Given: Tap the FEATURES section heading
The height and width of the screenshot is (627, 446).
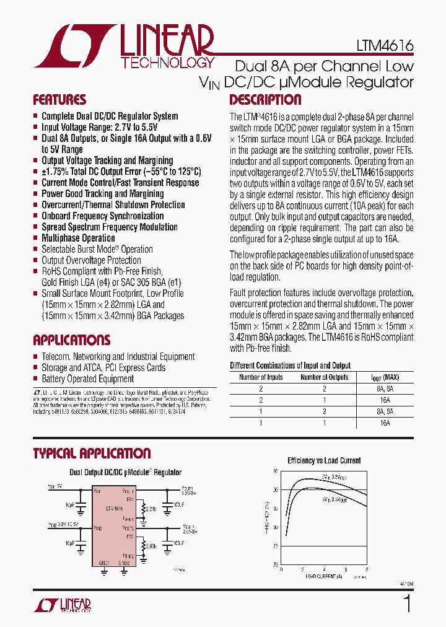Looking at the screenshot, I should [59, 100].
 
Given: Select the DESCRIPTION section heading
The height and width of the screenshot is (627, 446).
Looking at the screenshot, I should [266, 100].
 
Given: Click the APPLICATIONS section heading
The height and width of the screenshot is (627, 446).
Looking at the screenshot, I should [72, 340].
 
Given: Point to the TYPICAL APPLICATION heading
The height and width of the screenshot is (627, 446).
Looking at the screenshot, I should [92, 454].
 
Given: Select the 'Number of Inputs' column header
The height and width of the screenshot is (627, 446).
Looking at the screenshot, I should [261, 377].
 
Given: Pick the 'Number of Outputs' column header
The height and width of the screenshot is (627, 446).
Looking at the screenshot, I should [324, 377].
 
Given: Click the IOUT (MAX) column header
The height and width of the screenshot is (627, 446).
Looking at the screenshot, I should [385, 377].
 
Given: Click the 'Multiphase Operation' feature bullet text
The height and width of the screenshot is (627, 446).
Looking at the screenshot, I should [78, 238].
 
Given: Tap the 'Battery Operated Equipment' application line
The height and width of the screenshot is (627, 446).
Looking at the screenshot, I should [87, 379].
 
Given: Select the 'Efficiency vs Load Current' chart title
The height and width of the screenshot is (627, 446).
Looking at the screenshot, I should [324, 461].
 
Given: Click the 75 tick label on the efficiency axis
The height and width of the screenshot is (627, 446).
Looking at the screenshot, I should [276, 546].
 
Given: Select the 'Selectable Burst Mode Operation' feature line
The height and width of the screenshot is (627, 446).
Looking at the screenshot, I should [97, 249].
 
